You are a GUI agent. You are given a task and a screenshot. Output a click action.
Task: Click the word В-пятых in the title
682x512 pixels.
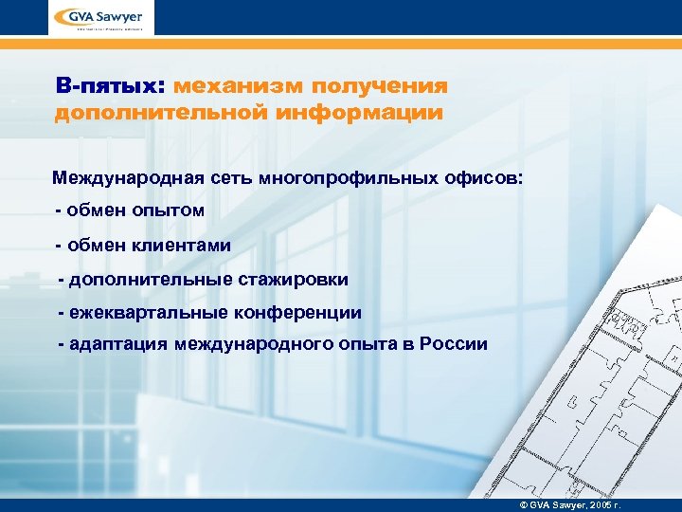[109, 86]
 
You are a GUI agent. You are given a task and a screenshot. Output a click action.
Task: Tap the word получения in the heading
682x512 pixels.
[384, 86]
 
